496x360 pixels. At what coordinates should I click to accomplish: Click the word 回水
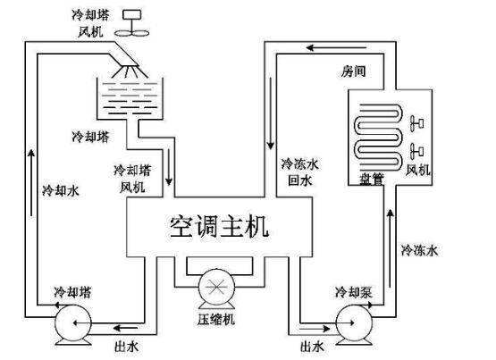point(298,180)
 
